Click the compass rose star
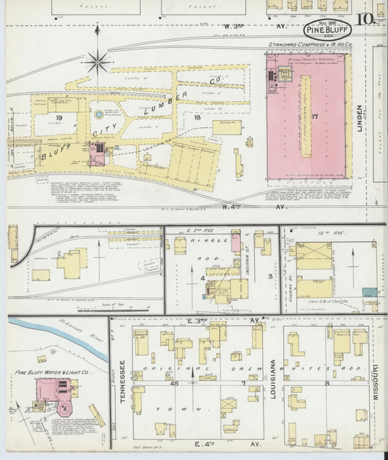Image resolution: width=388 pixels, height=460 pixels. (98, 61)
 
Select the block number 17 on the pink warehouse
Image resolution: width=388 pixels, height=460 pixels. (314, 116)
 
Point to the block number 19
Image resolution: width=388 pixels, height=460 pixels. (58, 117)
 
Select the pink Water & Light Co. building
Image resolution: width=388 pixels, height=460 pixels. (50, 393)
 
